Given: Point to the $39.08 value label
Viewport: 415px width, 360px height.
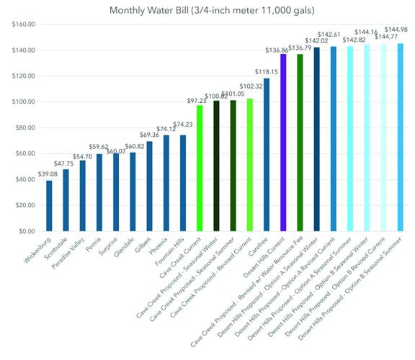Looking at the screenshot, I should coord(49,174).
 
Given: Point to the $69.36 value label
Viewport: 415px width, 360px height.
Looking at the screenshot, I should coord(149,135).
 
